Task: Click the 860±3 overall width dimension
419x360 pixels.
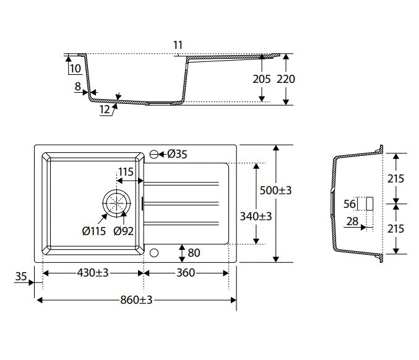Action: (x=136, y=300)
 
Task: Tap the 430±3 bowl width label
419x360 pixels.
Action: (x=93, y=273)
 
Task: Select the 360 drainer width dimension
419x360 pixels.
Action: (x=186, y=273)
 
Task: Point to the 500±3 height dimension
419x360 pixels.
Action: (x=275, y=191)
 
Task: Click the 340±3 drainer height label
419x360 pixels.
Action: (x=256, y=216)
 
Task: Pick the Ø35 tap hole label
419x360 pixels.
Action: (x=177, y=154)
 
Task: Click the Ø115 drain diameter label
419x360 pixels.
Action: (x=94, y=231)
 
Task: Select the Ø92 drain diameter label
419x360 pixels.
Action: (x=123, y=231)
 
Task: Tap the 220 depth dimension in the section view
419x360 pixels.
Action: (x=286, y=79)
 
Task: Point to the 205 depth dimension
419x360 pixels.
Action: (x=262, y=79)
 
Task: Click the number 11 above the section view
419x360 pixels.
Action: (x=178, y=45)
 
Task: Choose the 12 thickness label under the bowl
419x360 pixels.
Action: (x=105, y=109)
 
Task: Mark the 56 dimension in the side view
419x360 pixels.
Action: (x=350, y=204)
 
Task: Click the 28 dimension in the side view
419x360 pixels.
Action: (x=352, y=221)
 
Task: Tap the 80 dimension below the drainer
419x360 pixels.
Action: (x=194, y=252)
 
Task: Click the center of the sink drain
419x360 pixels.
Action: (x=116, y=204)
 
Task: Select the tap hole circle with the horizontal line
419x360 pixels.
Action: (x=154, y=154)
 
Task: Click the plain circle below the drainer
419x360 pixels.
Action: (x=154, y=252)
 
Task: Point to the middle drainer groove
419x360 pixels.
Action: (x=181, y=204)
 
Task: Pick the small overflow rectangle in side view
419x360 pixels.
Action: (x=369, y=204)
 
